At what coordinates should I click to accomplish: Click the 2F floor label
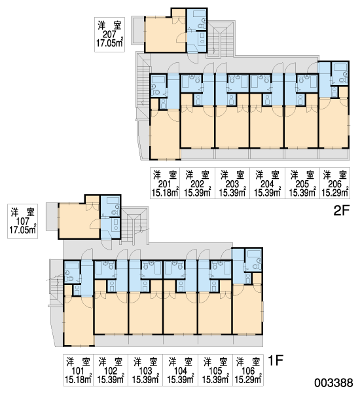point(341,210)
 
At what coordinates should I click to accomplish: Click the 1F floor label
point(276,361)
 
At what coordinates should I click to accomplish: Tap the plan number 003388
point(334,383)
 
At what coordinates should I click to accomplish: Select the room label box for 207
point(109,35)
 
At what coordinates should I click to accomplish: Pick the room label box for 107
point(22,221)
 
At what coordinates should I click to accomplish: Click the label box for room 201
point(165,183)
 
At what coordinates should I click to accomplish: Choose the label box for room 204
point(267,183)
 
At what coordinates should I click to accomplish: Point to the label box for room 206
point(334,183)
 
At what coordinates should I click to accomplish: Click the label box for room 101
point(78,370)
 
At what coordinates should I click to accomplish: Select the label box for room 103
point(145,370)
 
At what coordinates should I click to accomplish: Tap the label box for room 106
point(248,370)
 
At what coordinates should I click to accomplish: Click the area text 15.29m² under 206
point(334,193)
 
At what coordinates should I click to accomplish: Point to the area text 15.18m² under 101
point(78,379)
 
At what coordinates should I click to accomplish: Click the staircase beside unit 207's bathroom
point(220,39)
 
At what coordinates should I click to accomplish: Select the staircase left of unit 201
point(143,83)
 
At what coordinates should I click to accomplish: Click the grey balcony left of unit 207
point(138,31)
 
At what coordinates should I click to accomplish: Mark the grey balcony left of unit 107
point(52,217)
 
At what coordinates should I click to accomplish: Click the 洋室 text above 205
point(302,175)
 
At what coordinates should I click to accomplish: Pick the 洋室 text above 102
point(111,362)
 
